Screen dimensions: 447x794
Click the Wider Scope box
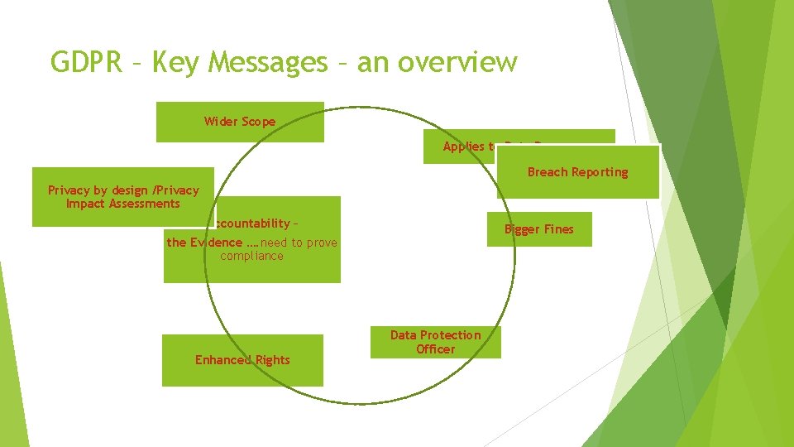240,122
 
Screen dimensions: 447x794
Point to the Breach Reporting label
577,172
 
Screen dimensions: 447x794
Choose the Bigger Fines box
539,229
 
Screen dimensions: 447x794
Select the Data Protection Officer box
435,342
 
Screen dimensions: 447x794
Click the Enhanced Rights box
242,360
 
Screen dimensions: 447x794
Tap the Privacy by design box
123,197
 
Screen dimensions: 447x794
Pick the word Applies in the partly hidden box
464,147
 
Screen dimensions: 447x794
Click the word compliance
251,257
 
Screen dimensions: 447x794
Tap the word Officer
435,349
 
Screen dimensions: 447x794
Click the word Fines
557,229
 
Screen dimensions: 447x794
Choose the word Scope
258,122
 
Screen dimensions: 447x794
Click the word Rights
272,360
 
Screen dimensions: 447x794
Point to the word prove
322,243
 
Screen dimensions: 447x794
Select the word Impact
86,204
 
